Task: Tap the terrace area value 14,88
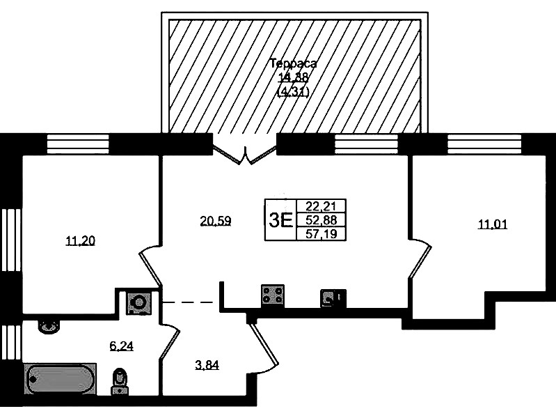tap(293, 77)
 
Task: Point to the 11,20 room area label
tap(80, 242)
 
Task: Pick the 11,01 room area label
tap(492, 224)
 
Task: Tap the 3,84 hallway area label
tap(207, 364)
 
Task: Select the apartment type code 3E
tap(280, 220)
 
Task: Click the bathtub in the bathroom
tap(61, 380)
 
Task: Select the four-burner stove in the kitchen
tap(272, 296)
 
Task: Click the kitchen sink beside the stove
tap(331, 298)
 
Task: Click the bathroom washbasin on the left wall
tap(48, 325)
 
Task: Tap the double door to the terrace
tap(245, 153)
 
